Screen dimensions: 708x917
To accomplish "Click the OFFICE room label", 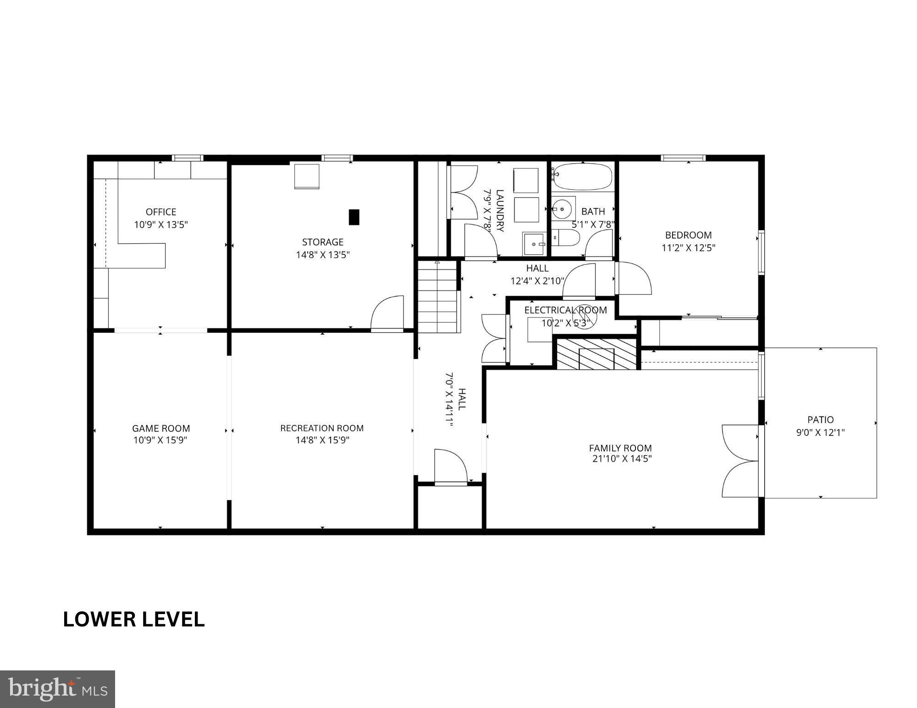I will [x=161, y=212].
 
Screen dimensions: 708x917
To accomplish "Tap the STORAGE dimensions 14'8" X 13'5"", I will [x=323, y=255].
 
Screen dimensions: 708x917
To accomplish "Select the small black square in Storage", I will [x=354, y=217].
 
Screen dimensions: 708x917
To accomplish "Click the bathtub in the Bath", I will [x=582, y=177].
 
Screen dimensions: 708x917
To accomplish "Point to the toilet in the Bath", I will [x=567, y=237].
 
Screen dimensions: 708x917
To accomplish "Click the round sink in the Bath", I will [x=563, y=209].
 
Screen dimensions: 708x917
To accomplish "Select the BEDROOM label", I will [x=688, y=235].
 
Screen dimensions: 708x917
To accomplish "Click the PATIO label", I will [x=820, y=419].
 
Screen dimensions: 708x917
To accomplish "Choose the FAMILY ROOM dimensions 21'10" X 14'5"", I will [x=622, y=459].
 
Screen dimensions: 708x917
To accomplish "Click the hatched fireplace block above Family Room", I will [x=597, y=354].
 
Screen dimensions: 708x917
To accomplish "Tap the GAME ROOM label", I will [x=161, y=428].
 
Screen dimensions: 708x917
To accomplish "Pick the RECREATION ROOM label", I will [x=322, y=428].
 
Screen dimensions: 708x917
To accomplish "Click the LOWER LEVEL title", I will [x=133, y=620].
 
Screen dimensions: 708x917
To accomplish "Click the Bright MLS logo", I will [x=57, y=689].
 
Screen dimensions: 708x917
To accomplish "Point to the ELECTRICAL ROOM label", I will [x=565, y=310].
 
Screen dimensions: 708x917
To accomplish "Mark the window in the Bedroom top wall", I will [x=683, y=158].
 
